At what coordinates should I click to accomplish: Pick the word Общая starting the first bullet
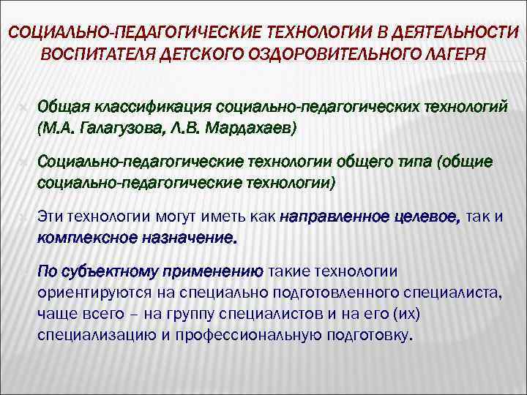pyautogui.click(x=61, y=108)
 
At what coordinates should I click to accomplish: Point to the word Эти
pyautogui.click(x=50, y=217)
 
